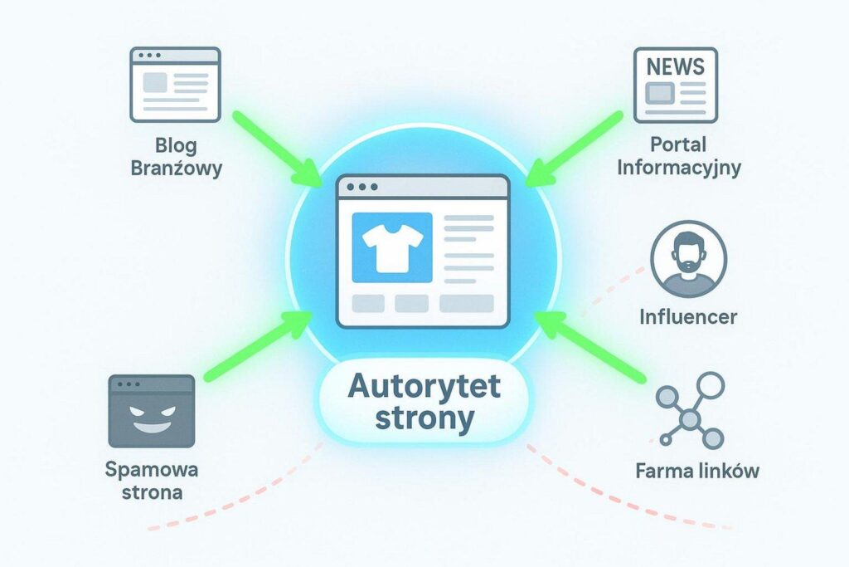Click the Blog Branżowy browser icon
tap(175, 85)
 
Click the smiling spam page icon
tap(151, 411)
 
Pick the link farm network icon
tap(689, 410)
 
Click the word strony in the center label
tap(424, 418)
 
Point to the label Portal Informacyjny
tap(677, 156)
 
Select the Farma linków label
tap(697, 472)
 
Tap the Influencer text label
tap(688, 316)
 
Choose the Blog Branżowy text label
tap(176, 157)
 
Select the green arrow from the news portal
tap(577, 146)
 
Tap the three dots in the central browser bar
tap(357, 187)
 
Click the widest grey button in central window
tap(466, 304)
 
